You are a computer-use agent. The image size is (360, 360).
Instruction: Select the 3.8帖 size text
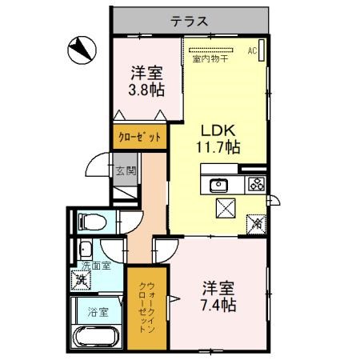click(x=146, y=88)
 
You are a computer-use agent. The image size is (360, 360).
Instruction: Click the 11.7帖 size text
click(x=218, y=146)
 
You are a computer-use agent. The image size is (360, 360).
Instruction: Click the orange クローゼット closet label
click(x=141, y=137)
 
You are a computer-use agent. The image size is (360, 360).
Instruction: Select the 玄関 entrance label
click(x=126, y=170)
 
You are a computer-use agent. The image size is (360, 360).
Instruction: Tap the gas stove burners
click(x=257, y=184)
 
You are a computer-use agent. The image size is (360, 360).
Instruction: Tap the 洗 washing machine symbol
click(x=81, y=279)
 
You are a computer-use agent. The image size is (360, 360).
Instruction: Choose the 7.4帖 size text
click(x=218, y=296)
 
